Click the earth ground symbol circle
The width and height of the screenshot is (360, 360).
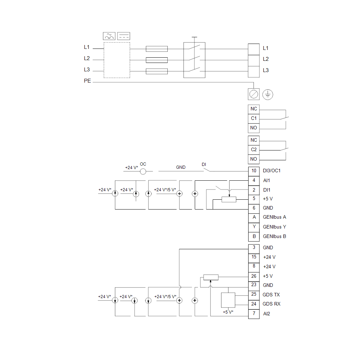coord(268,94)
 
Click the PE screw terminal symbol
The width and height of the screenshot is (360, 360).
coord(254,94)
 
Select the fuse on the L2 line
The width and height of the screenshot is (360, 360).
coord(156,60)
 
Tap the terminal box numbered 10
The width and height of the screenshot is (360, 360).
coord(254,171)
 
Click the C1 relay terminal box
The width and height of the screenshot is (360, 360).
coord(254,118)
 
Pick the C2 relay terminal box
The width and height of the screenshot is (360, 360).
coord(254,150)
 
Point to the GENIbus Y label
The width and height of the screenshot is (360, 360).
coord(274,227)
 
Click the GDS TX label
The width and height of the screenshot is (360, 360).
coord(271,295)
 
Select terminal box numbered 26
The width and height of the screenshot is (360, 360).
coord(254,276)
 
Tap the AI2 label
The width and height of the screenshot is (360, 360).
coord(266,314)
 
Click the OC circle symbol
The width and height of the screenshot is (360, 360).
coord(143,171)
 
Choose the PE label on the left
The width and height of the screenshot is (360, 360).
coord(87,81)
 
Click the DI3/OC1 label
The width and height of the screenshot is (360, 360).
coord(272,171)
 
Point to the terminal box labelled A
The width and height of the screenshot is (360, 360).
coord(254,217)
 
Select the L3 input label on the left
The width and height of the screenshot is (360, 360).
coord(87,70)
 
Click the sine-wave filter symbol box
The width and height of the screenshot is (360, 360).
coord(109,36)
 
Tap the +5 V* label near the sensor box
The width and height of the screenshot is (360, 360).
coord(228,312)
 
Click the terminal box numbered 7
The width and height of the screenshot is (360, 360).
coord(254,314)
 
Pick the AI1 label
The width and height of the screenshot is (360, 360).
coord(266,180)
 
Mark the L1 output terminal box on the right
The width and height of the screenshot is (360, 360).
coord(254,49)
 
